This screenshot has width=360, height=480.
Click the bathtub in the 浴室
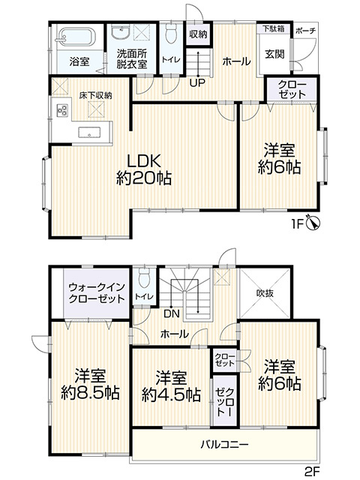click(x=76, y=37)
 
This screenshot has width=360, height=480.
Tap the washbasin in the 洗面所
click(x=121, y=32)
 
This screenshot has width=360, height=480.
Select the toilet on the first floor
click(x=171, y=33)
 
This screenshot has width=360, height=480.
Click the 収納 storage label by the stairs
click(x=198, y=34)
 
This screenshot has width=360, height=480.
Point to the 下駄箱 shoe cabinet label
click(x=274, y=28)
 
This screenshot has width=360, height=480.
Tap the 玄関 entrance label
click(x=274, y=54)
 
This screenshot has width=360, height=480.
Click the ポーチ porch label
click(x=305, y=31)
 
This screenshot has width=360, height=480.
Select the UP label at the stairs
click(x=197, y=82)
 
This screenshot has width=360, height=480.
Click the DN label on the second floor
click(x=172, y=313)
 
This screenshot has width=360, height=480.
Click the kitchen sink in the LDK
click(x=89, y=133)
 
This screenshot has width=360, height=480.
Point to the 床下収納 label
click(x=95, y=95)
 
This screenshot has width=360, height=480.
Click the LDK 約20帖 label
click(x=144, y=169)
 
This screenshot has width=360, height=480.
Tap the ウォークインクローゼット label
click(x=97, y=293)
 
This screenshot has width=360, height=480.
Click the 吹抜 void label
click(x=265, y=293)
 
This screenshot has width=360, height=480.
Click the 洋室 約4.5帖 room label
click(x=172, y=386)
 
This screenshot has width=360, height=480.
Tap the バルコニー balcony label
click(x=225, y=444)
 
